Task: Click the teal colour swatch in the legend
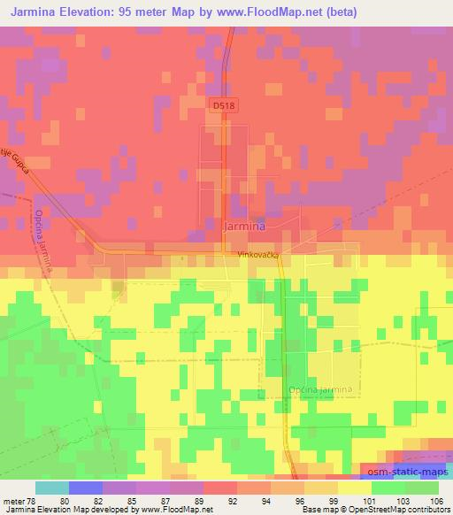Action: [51, 488]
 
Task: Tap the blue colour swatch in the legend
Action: [85, 488]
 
